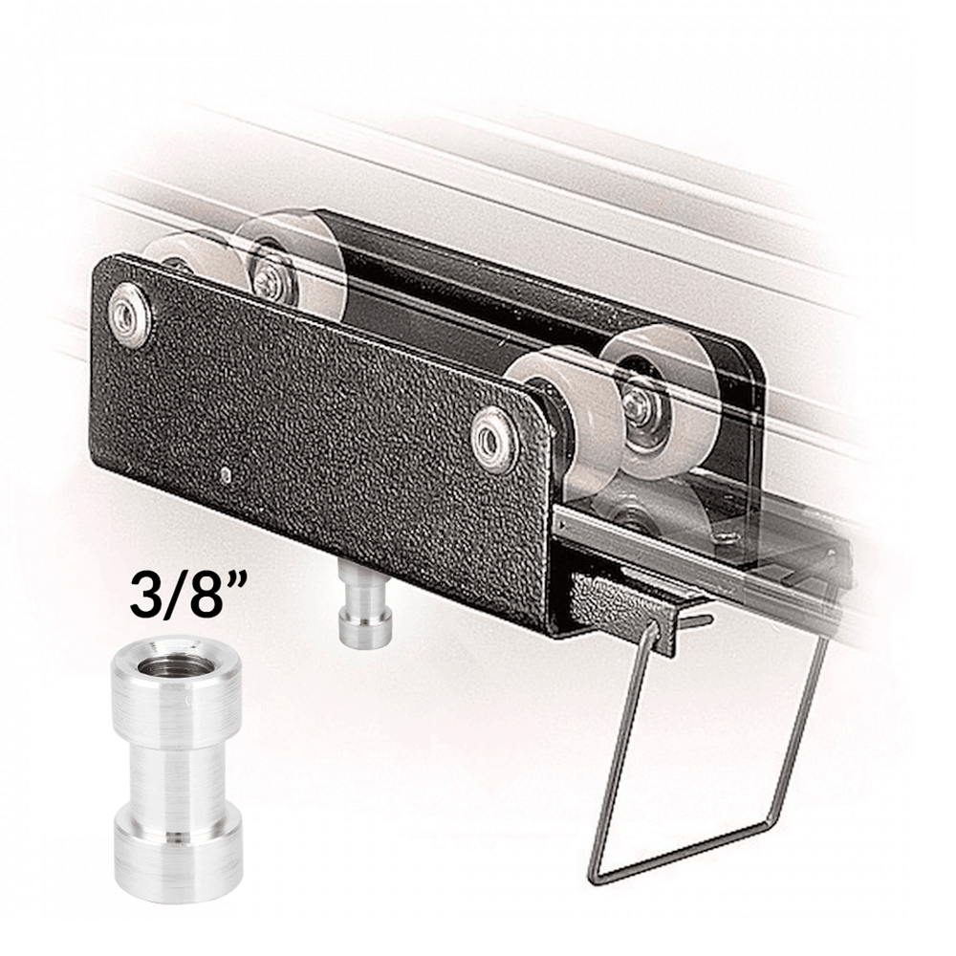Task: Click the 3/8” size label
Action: point(183,592)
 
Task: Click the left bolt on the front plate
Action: point(130,314)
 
